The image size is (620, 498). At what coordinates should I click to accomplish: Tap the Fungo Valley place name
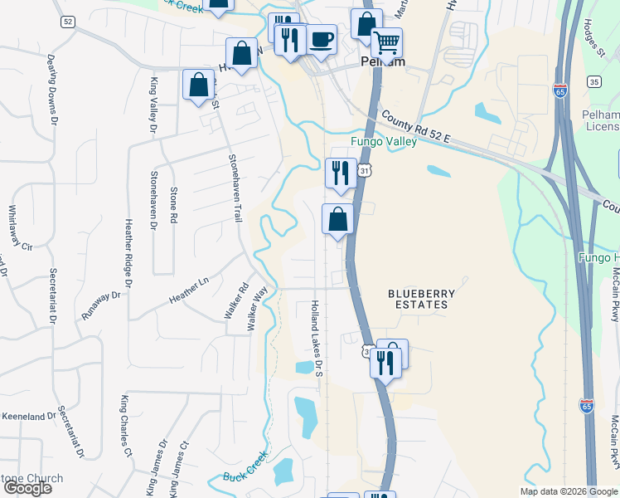tap(383, 141)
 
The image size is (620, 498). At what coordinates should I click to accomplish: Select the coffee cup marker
tap(321, 39)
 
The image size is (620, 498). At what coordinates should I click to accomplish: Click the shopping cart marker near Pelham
tap(386, 43)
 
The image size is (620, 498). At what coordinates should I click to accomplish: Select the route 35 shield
tap(593, 81)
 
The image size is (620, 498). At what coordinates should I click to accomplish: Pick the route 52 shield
tap(67, 21)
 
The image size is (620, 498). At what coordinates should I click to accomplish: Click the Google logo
tap(27, 488)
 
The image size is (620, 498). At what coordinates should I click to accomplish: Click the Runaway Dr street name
tap(102, 297)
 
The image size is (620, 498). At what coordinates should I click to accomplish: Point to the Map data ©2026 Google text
tap(569, 491)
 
